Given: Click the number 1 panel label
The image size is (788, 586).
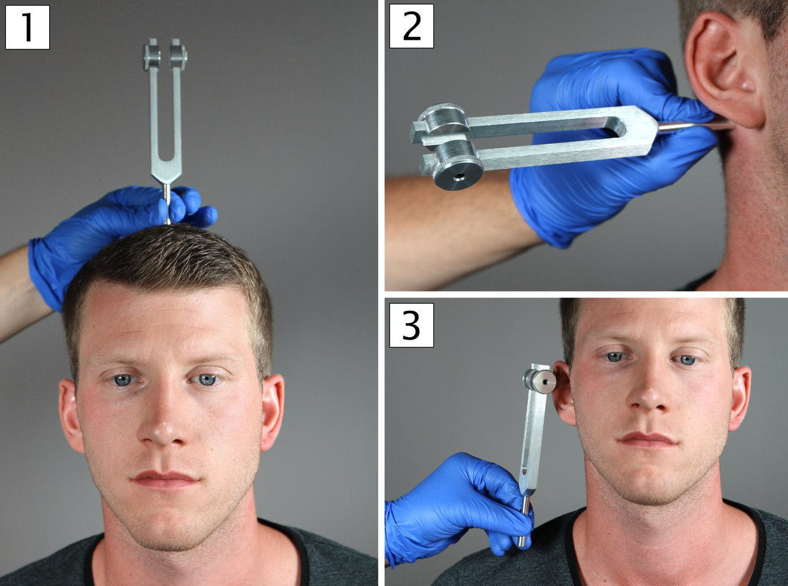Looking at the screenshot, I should pos(27,27).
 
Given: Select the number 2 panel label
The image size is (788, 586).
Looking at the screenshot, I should pos(412,26).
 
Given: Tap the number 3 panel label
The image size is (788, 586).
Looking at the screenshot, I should pos(412,325).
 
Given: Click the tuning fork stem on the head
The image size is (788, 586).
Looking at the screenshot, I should pos(167,202).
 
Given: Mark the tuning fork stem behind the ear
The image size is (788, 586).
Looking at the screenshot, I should pos(692,125).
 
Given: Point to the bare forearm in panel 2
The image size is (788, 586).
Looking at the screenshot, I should pos(451,229).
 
